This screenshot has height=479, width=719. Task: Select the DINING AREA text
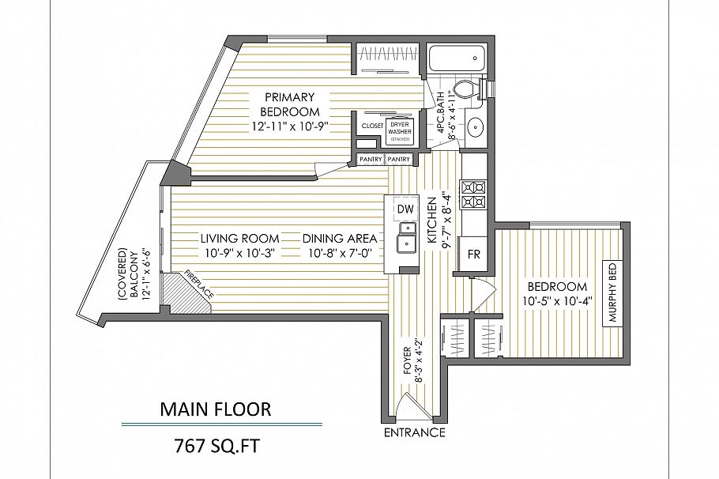click(339, 239)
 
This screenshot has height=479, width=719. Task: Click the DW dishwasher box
click(405, 209)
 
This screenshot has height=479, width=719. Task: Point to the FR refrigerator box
click(474, 255)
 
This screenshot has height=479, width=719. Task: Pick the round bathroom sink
click(476, 127)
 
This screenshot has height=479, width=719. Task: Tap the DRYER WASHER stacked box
click(400, 130)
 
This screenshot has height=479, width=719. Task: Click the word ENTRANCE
click(414, 433)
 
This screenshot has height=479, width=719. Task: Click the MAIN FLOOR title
click(216, 409)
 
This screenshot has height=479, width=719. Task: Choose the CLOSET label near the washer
click(371, 126)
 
